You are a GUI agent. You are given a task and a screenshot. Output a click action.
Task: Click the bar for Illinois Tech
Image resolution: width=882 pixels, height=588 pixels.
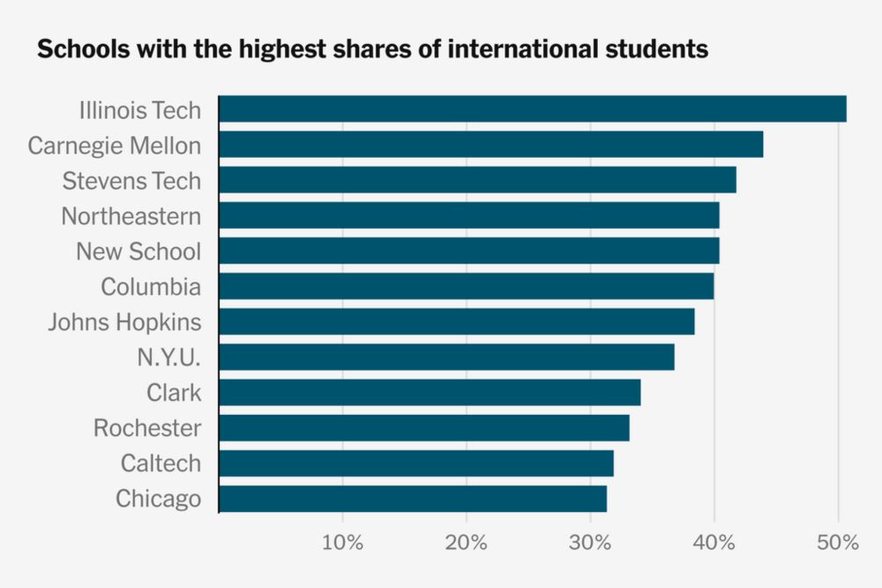pyautogui.click(x=532, y=109)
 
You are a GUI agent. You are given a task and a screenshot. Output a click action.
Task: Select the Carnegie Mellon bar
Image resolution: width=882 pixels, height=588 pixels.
pyautogui.click(x=490, y=145)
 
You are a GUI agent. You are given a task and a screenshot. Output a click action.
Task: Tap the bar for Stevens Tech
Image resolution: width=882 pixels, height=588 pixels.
pyautogui.click(x=477, y=180)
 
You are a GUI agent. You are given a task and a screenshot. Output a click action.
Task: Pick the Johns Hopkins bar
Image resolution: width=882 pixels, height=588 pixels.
pyautogui.click(x=456, y=321)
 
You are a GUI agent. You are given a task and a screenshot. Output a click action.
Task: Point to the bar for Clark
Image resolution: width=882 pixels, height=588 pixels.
pyautogui.click(x=430, y=392)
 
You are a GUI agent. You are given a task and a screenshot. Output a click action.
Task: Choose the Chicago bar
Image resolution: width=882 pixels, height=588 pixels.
pyautogui.click(x=412, y=499)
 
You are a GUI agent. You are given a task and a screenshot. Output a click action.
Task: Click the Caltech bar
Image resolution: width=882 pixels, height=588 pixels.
pyautogui.click(x=415, y=464)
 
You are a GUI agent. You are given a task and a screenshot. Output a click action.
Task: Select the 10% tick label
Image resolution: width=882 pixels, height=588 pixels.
pyautogui.click(x=342, y=542)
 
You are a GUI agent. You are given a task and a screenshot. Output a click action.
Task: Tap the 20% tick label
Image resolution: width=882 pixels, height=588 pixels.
pyautogui.click(x=467, y=542)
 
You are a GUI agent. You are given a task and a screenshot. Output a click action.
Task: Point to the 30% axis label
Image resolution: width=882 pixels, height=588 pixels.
pyautogui.click(x=590, y=542)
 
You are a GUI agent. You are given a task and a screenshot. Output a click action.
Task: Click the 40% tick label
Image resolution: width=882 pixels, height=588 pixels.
pyautogui.click(x=714, y=542)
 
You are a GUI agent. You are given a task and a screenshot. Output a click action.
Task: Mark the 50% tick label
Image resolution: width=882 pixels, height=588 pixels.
pyautogui.click(x=838, y=542)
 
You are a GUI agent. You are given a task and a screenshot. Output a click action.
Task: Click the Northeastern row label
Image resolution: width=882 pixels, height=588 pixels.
pyautogui.click(x=131, y=216)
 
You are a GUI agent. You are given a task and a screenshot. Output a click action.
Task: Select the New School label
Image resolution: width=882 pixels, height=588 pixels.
pyautogui.click(x=138, y=252)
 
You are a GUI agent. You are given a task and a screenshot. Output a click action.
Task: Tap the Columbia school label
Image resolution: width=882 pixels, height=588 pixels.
pyautogui.click(x=150, y=287)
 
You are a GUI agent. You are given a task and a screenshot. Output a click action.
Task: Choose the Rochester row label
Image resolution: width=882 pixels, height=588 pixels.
pyautogui.click(x=146, y=428)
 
